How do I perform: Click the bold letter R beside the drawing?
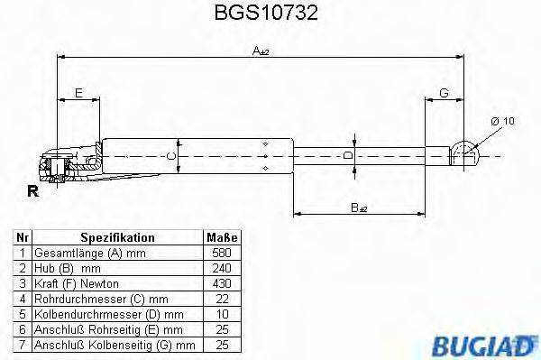(33, 191)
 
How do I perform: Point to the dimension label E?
(78, 93)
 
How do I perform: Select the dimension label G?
(444, 93)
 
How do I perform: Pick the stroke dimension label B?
(359, 208)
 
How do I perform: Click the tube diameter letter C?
(173, 154)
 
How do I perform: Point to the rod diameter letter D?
(348, 154)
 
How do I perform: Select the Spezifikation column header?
(117, 237)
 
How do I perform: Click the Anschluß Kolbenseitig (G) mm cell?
(113, 344)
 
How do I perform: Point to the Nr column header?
(23, 237)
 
